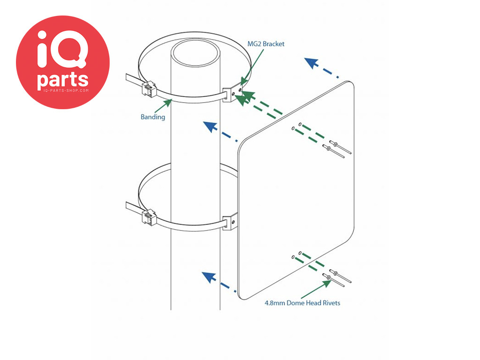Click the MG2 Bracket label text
(266, 44)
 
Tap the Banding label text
(153, 117)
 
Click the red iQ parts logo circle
(63, 62)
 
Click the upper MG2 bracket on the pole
(232, 94)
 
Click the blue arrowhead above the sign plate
(310, 62)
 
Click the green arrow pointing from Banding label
(164, 105)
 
